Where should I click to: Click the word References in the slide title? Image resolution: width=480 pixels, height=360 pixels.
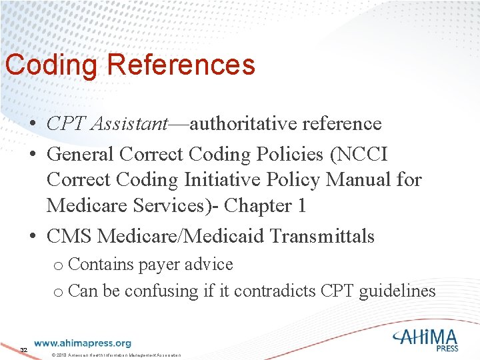(180, 65)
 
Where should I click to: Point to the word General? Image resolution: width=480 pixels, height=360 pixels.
(81, 154)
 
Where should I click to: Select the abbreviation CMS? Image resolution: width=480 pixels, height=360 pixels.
(69, 236)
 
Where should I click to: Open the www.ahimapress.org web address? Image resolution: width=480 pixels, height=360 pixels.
(82, 343)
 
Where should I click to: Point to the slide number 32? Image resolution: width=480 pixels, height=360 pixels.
(23, 350)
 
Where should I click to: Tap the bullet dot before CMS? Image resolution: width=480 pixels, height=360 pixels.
(32, 237)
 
